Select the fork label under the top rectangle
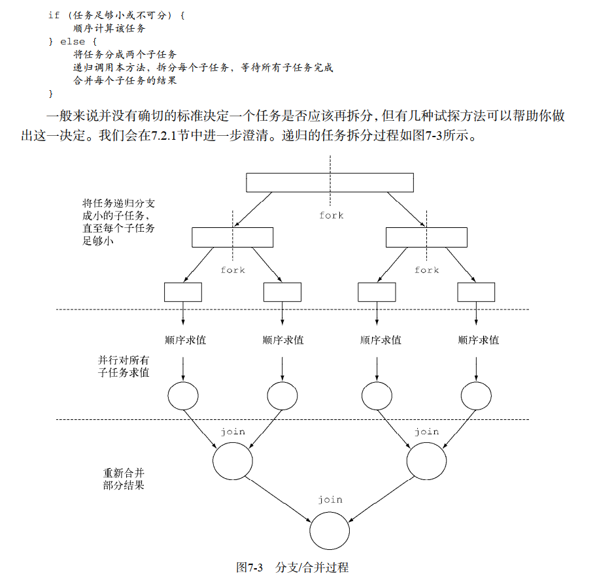tap(331, 216)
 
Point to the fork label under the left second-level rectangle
tap(233, 270)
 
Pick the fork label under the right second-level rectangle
tap(426, 270)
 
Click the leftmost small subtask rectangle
tap(182, 291)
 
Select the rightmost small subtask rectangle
tap(475, 291)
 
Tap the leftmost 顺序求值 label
tap(185, 340)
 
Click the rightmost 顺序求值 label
tap(478, 340)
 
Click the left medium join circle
tap(233, 461)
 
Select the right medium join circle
tap(426, 461)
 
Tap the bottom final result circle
tap(330, 530)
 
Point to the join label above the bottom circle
tap(330, 500)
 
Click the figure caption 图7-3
tap(249, 567)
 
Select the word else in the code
tap(72, 42)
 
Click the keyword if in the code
tap(54, 14)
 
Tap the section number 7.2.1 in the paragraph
tap(163, 138)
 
